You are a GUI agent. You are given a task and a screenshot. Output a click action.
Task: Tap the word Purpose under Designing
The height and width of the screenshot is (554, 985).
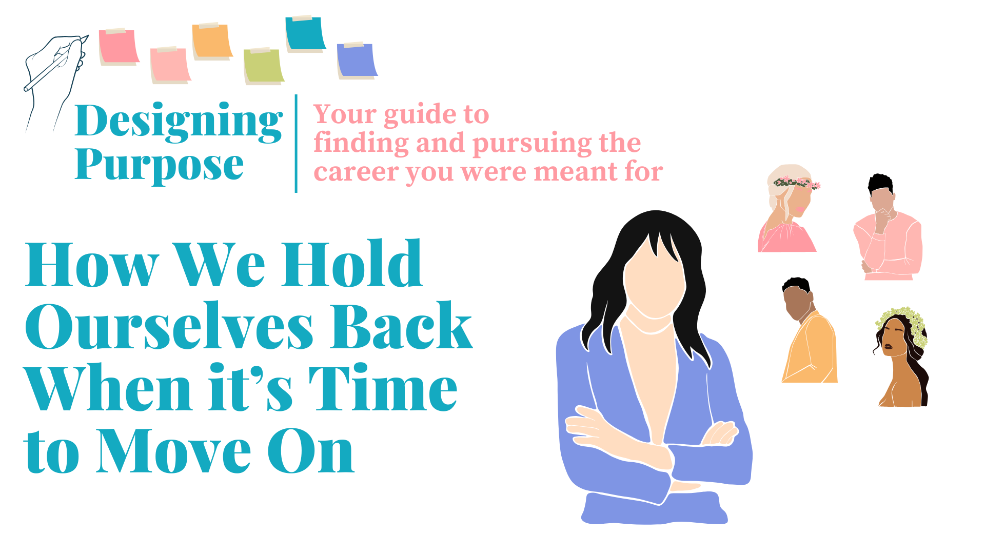[159, 165]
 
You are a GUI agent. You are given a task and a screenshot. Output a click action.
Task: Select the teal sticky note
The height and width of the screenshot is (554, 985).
[306, 34]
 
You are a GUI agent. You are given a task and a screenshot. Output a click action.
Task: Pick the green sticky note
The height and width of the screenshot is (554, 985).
[264, 66]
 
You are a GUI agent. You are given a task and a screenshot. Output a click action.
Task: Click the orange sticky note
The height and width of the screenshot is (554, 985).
[212, 42]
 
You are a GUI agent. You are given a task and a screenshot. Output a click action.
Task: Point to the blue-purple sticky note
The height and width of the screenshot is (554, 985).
[357, 61]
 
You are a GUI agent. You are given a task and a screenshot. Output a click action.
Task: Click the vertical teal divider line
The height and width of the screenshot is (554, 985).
[296, 144]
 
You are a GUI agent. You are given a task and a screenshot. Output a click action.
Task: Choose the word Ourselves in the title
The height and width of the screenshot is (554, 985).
[169, 327]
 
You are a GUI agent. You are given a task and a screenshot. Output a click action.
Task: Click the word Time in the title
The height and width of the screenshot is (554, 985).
[383, 388]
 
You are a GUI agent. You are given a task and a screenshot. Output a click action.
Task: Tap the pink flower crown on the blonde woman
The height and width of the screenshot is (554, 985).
[797, 183]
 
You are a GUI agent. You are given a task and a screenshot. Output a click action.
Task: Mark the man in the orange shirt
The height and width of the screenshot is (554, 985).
[809, 330]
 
